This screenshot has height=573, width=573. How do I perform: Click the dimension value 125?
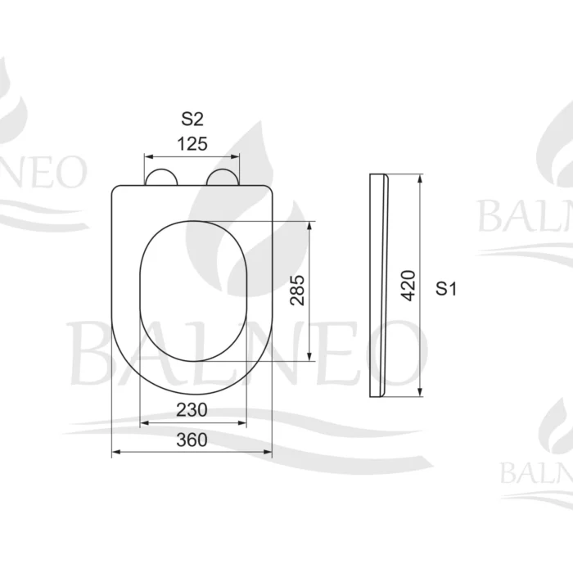click(x=192, y=144)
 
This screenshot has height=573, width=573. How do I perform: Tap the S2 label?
click(x=192, y=120)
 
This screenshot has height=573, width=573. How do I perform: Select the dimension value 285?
click(x=297, y=291)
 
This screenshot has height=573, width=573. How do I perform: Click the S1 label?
click(x=446, y=288)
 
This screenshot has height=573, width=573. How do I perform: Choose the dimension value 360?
click(x=192, y=440)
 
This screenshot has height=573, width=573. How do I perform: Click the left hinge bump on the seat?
click(x=160, y=178)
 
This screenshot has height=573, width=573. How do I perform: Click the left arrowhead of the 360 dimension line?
click(x=115, y=451)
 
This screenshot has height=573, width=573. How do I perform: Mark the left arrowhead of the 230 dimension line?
click(x=145, y=422)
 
